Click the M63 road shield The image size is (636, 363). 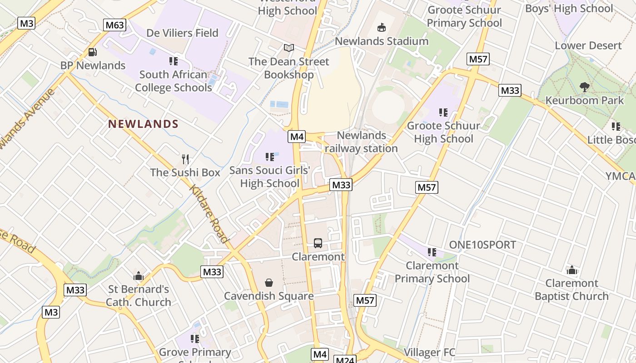point(114,25)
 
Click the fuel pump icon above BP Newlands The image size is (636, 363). point(92,52)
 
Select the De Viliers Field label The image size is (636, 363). point(182,33)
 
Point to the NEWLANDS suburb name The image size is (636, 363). point(143,124)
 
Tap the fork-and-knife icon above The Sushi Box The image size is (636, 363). point(185,159)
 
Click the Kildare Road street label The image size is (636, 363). point(209,213)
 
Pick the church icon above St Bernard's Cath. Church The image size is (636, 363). point(139,276)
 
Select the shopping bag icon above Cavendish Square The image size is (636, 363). point(269,283)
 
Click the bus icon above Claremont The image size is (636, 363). point(318,243)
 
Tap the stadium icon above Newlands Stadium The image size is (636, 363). point(382,28)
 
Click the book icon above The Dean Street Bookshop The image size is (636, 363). point(288,48)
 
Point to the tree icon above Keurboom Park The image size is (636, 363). point(585,87)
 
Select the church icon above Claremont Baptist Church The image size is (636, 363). point(571,270)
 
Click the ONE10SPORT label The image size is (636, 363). point(482,245)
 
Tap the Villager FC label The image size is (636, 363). point(429,352)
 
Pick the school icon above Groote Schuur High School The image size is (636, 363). point(443,112)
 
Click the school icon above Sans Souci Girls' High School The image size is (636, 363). point(270,157)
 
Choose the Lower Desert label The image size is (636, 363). point(588,45)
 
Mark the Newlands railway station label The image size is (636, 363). point(361,142)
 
